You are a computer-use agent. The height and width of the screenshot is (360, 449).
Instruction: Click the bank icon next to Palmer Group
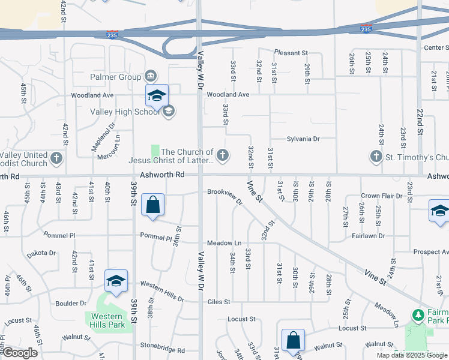(x=151, y=76)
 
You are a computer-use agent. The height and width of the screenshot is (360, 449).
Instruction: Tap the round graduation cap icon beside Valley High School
(x=169, y=110)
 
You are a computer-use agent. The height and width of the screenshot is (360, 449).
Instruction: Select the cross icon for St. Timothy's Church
(x=376, y=157)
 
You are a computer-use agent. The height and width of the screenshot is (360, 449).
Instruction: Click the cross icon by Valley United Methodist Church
(x=56, y=158)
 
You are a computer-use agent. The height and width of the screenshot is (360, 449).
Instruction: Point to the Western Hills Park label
(x=109, y=320)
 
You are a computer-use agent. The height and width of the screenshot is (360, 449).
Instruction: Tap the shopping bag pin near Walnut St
(x=293, y=340)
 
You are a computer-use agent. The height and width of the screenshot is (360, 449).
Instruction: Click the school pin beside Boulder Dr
(x=116, y=280)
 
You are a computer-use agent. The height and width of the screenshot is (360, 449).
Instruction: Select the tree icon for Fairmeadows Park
(x=418, y=314)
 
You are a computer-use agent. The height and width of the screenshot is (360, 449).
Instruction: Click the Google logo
(x=20, y=353)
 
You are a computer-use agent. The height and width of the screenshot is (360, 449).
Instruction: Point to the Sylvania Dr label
(x=303, y=139)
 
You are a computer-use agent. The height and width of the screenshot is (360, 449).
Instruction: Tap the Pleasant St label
(x=291, y=53)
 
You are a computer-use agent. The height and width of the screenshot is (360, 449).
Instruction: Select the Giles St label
(x=219, y=302)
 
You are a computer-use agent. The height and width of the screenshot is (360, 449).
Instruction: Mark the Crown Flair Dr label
(x=381, y=196)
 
